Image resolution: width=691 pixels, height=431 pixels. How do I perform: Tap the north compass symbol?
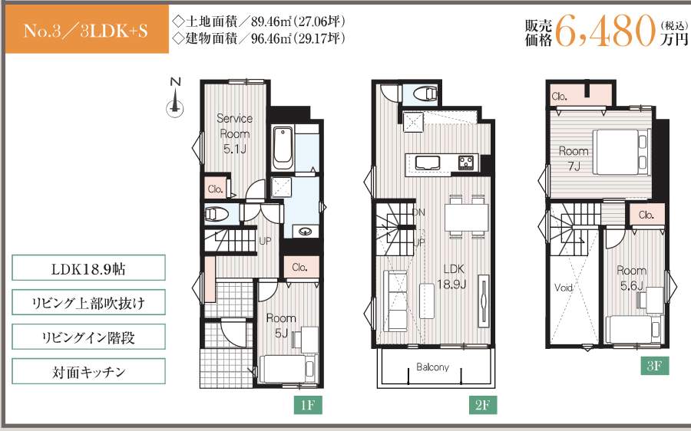[176, 100]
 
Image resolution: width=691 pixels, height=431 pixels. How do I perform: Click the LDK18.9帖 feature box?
[89, 268]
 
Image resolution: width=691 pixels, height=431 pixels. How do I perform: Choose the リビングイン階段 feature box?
[89, 337]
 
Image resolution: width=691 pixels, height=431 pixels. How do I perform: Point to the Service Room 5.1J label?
[235, 133]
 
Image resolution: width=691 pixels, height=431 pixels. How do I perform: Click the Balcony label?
[433, 367]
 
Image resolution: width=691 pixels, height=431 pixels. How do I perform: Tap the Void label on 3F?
[565, 288]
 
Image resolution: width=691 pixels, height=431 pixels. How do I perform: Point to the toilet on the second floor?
[424, 94]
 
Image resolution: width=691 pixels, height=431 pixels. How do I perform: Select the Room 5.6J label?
[631, 277]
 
